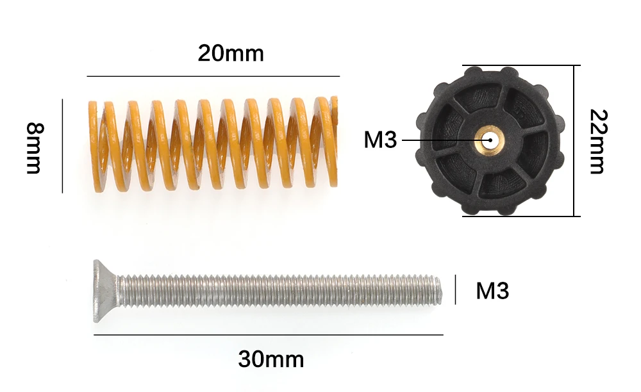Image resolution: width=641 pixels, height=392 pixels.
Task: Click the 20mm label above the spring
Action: click(x=231, y=54)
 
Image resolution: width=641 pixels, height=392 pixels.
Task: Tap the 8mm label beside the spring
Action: click(x=35, y=148)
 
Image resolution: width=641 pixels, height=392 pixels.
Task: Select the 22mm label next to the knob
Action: click(x=599, y=142)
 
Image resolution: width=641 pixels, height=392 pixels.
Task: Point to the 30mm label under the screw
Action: click(x=271, y=359)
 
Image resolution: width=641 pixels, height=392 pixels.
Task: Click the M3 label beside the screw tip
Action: click(x=492, y=291)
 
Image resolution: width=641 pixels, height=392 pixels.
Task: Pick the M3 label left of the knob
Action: click(x=380, y=140)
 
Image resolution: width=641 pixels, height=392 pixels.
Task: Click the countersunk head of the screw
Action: click(x=106, y=291)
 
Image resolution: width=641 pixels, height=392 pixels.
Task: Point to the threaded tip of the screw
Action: click(x=437, y=290)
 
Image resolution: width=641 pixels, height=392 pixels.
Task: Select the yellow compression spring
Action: click(x=213, y=145)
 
